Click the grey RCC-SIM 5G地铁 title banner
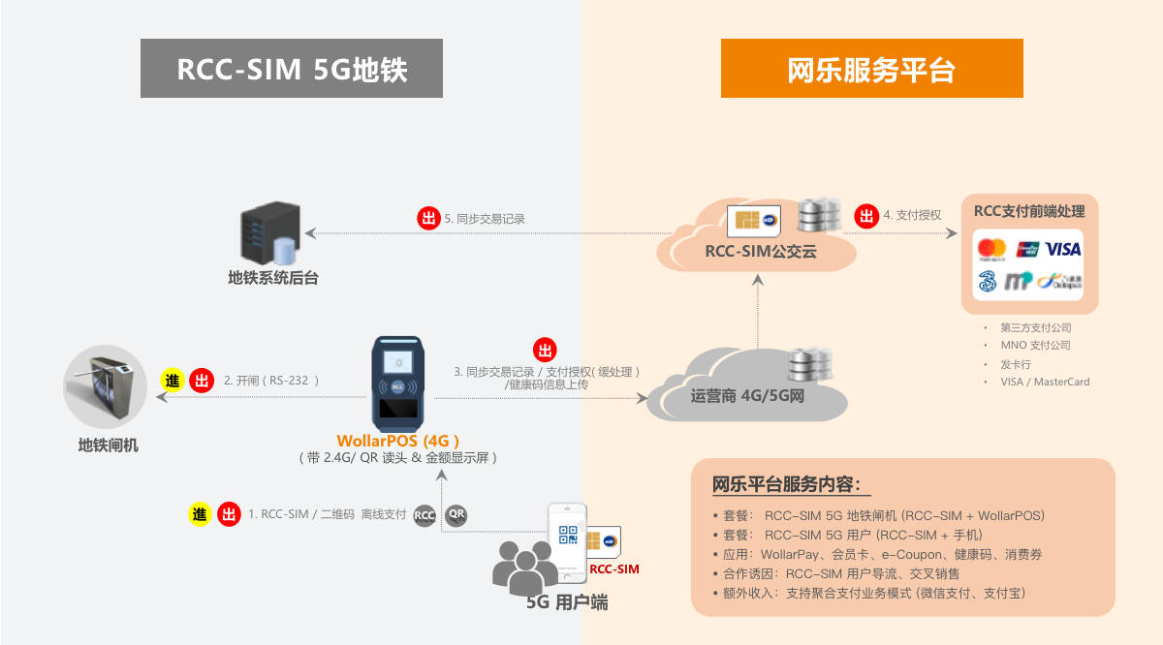point(291,69)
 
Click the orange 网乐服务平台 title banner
point(871,69)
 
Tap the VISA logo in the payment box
point(1063,249)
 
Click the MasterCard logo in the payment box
point(991,250)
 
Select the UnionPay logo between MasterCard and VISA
point(1027,249)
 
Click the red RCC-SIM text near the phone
point(614,568)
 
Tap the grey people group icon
point(524,568)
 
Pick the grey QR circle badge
point(456,515)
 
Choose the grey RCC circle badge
point(424,515)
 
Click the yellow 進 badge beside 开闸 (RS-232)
point(172,381)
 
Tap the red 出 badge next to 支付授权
point(864,215)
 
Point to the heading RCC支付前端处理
point(1028,211)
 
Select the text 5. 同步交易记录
point(484,219)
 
